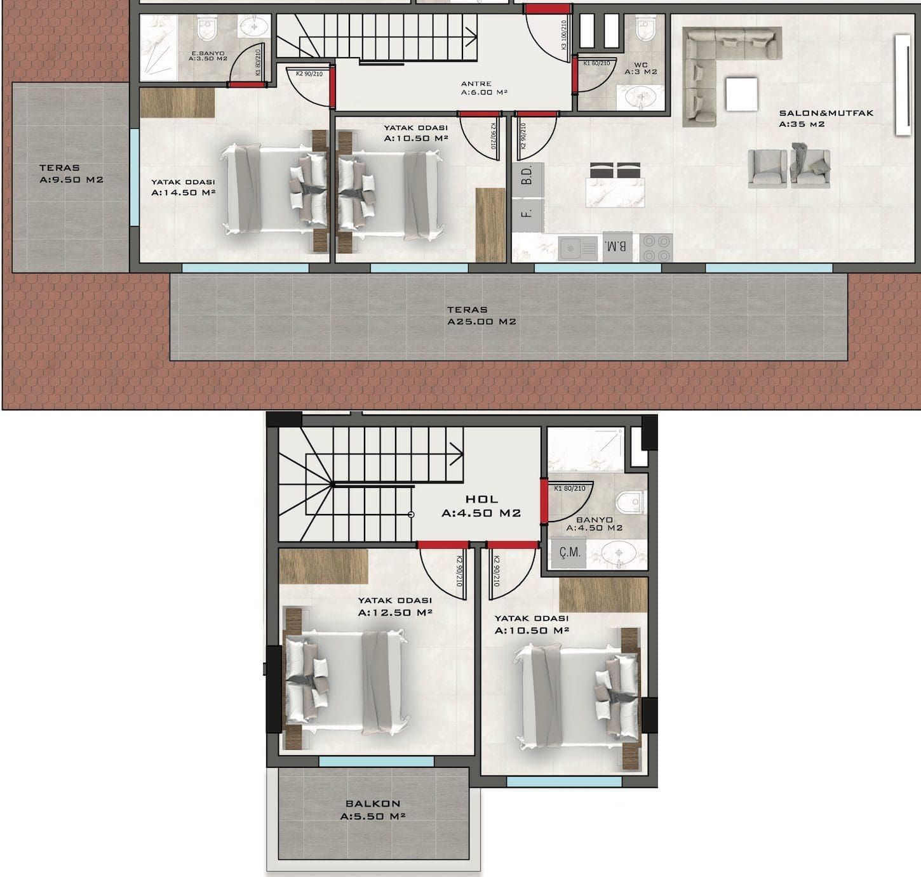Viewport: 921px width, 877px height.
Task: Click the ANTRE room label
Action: (x=476, y=84)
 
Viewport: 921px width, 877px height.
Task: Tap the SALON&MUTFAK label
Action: (x=826, y=113)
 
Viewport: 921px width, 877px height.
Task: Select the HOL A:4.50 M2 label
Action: (x=481, y=506)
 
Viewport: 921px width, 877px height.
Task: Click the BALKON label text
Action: (x=373, y=803)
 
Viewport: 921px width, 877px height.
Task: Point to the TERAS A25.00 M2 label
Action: (x=481, y=315)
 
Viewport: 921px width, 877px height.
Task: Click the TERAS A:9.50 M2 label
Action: (x=71, y=173)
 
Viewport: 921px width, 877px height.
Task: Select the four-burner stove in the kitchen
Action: (x=656, y=248)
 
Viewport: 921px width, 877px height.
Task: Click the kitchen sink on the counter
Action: (x=578, y=249)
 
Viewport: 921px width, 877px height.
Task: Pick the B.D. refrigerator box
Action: (x=527, y=180)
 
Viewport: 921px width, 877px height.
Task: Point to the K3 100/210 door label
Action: (x=563, y=35)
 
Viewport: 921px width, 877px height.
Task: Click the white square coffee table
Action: (x=742, y=94)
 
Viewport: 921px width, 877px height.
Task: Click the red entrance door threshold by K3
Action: (x=547, y=9)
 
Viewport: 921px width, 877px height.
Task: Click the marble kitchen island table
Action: (x=615, y=192)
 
